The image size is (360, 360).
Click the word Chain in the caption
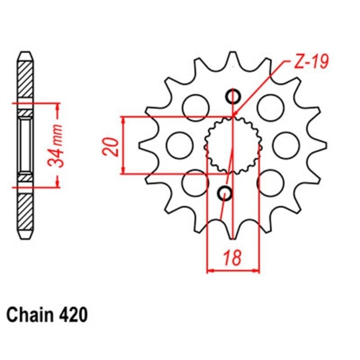(x=33, y=315)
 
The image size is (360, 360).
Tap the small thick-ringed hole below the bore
(x=225, y=192)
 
